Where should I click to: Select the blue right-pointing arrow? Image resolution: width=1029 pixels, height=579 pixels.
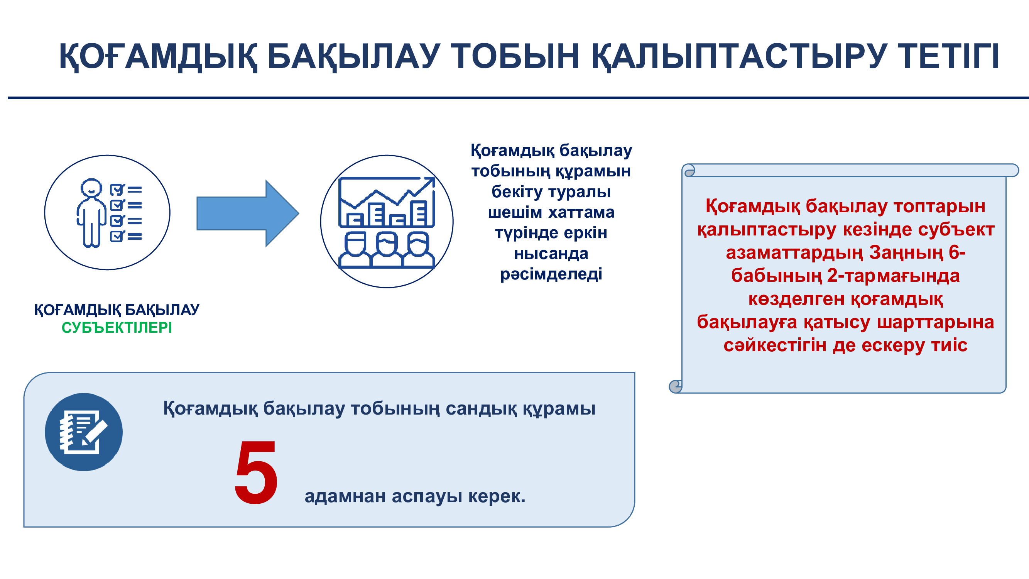pos(248,213)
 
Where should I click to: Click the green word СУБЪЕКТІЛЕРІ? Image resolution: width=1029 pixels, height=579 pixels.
pos(117,328)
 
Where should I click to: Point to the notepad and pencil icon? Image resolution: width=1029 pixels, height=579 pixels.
pos(83,432)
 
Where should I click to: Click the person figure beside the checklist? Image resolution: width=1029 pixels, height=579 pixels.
pos(91,213)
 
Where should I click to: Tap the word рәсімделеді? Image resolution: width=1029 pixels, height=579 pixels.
pos(551,274)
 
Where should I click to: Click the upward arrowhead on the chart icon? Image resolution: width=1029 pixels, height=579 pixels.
pos(429,183)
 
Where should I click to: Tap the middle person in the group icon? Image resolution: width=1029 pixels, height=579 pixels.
pos(386,249)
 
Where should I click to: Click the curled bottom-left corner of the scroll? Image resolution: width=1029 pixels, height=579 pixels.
pos(676,386)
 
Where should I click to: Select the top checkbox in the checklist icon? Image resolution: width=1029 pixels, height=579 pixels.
pos(117,190)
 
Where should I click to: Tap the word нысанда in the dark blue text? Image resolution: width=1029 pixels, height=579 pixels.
pos(551,254)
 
